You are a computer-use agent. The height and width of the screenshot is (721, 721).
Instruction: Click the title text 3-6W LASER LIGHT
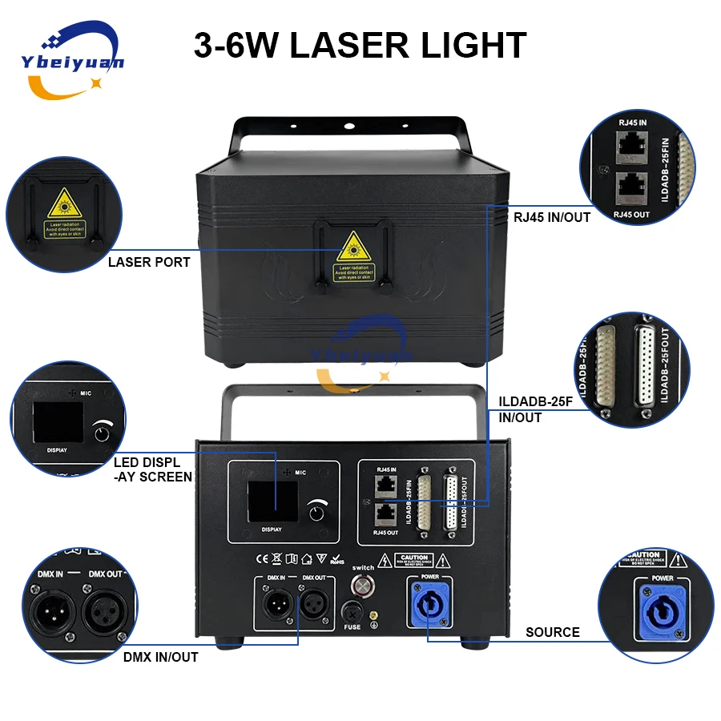pos(360,45)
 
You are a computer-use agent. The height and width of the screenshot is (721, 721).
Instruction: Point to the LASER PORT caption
pos(150,262)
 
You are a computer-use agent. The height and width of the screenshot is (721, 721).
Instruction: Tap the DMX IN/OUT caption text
pos(161,657)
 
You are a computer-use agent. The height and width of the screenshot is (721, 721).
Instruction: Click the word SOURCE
pos(553,632)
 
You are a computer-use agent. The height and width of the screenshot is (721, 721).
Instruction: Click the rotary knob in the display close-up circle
pos(101,433)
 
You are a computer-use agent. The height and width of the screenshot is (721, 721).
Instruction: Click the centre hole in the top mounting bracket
pos(348,127)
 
